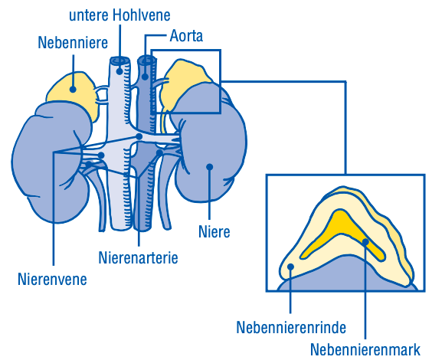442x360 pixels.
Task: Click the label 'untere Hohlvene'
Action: tap(120, 15)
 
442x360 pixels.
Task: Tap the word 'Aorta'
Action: tap(186, 36)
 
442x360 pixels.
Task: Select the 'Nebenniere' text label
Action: tap(73, 43)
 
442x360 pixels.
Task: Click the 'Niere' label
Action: tap(214, 232)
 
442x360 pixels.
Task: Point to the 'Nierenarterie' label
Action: tap(138, 257)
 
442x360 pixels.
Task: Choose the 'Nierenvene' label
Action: tap(52, 280)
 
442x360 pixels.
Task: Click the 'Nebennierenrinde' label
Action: tap(291, 328)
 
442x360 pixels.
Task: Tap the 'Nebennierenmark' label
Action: tap(365, 349)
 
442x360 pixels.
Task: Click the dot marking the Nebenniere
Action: tap(73, 90)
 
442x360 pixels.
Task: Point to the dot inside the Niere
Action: tap(209, 167)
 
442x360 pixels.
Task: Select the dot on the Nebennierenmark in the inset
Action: tap(365, 241)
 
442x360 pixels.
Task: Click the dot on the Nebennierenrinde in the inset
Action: tap(290, 267)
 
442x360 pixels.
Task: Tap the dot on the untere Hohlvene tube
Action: tap(120, 71)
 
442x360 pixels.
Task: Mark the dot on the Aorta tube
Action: tap(145, 76)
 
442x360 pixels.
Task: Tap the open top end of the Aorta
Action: tap(146, 60)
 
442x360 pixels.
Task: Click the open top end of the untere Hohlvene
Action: tap(120, 61)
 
